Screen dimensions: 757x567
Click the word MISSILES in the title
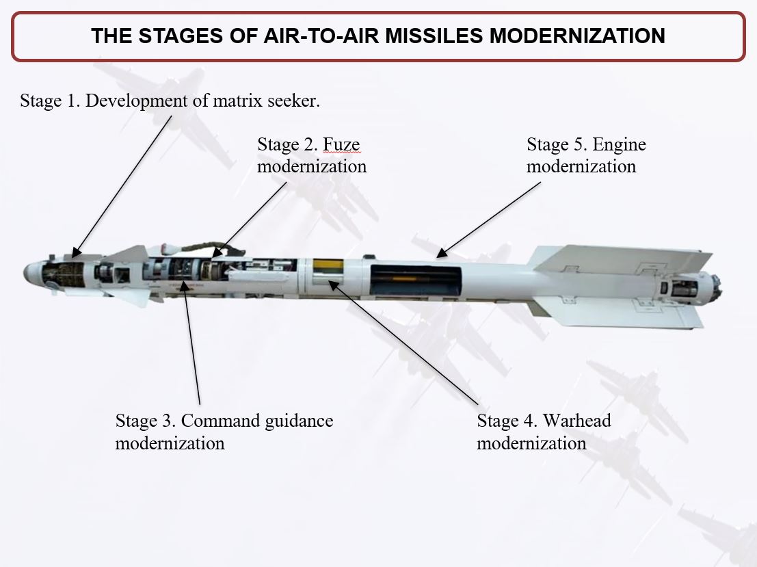pos(434,36)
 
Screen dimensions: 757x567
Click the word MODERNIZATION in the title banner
pos(577,36)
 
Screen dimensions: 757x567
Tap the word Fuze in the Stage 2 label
pos(341,144)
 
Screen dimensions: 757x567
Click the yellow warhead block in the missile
pos(328,266)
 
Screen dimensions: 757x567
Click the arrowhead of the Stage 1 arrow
pos(77,252)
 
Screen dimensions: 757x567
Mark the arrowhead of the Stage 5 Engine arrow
pos(442,252)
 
